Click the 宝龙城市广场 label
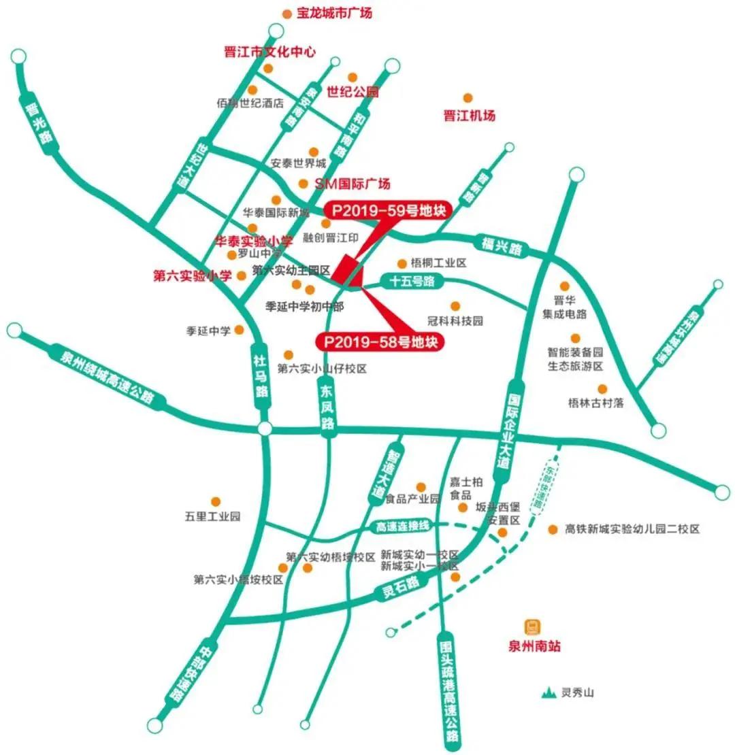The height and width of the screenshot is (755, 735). click(334, 13)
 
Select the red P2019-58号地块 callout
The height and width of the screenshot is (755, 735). click(380, 341)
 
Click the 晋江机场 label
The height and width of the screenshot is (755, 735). click(469, 115)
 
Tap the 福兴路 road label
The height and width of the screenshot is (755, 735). click(500, 246)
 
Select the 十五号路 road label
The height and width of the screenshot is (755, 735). click(412, 280)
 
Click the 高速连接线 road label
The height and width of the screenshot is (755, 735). click(404, 526)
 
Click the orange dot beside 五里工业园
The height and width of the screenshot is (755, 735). click(216, 501)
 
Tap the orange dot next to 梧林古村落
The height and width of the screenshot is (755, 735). click(602, 388)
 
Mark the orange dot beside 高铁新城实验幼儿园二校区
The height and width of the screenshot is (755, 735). click(553, 528)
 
